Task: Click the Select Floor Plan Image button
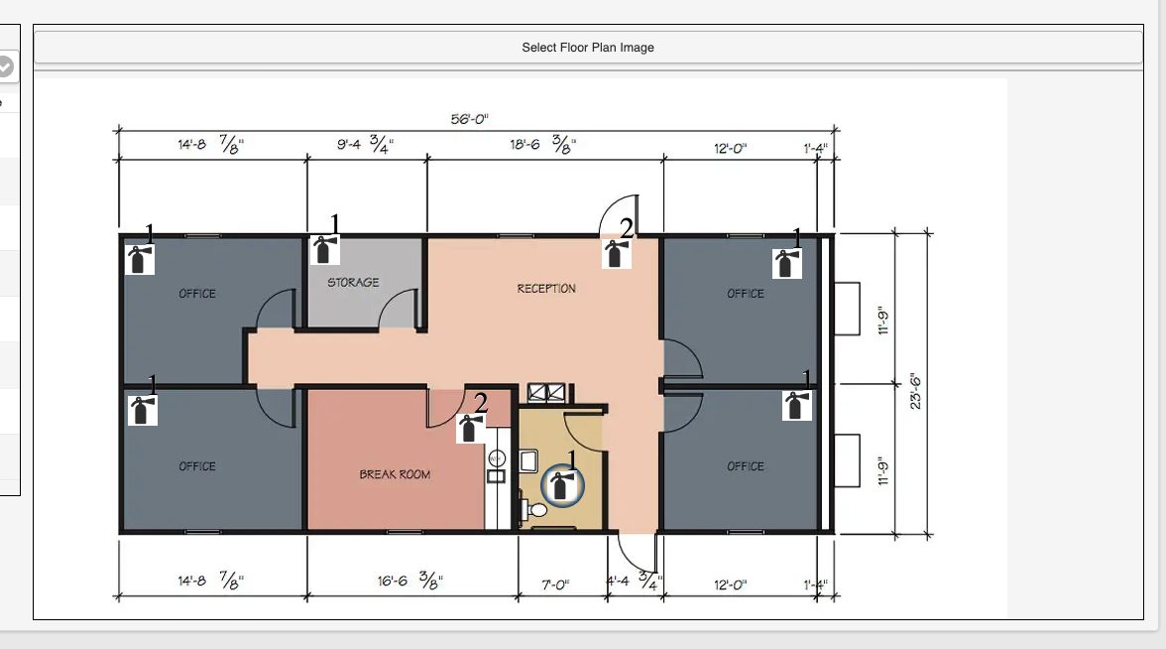click(587, 48)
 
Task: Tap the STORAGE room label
click(353, 283)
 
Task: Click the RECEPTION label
click(546, 288)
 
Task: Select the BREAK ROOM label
click(395, 474)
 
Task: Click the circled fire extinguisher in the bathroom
click(562, 486)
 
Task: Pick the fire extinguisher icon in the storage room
click(324, 250)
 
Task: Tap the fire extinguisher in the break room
click(470, 428)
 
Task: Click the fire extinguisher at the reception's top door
click(616, 254)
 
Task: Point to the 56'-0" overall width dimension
click(469, 119)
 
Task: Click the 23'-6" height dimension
click(915, 391)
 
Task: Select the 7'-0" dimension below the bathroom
click(555, 585)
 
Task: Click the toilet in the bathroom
click(533, 510)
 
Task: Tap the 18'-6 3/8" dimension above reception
click(543, 144)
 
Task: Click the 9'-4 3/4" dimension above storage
click(365, 144)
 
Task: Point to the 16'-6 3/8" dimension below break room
click(409, 580)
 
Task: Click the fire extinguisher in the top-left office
click(139, 260)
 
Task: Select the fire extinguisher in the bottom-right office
click(796, 406)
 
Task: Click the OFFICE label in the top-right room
click(746, 294)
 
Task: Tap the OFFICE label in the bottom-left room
click(197, 466)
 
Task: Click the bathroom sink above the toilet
click(528, 461)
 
